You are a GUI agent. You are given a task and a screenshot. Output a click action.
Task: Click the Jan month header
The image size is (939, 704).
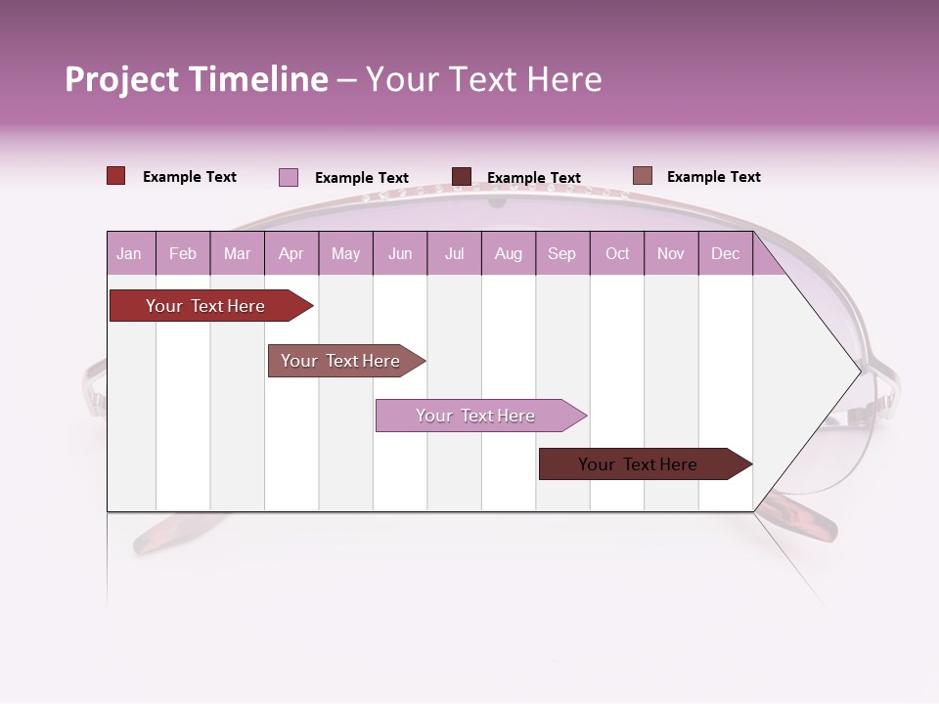coord(129,253)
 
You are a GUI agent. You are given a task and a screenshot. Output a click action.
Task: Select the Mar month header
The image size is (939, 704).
coord(237,253)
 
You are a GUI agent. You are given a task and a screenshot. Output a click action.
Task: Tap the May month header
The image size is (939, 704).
coord(345,253)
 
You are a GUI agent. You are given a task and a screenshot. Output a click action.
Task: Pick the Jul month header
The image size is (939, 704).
coord(454,253)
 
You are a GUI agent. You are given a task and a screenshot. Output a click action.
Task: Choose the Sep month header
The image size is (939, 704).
coord(561,253)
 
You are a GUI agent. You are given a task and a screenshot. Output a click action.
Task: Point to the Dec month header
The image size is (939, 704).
coord(725,253)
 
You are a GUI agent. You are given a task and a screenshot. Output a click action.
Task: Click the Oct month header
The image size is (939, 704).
coord(617,253)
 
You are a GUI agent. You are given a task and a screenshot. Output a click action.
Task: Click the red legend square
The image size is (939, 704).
coord(115,176)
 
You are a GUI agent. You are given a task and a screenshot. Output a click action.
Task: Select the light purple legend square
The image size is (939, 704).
coord(289,177)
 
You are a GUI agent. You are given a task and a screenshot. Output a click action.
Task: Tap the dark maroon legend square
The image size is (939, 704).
coord(462,177)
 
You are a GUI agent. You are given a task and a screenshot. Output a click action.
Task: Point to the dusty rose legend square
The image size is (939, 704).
coord(642,176)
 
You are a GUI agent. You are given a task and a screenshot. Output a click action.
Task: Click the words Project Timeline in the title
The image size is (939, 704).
coord(197,79)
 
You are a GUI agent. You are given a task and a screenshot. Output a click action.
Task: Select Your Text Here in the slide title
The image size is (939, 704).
coord(483,79)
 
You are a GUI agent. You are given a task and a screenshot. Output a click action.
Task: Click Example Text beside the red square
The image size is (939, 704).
coord(190,177)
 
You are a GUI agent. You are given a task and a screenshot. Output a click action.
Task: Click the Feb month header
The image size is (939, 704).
coord(183,253)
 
